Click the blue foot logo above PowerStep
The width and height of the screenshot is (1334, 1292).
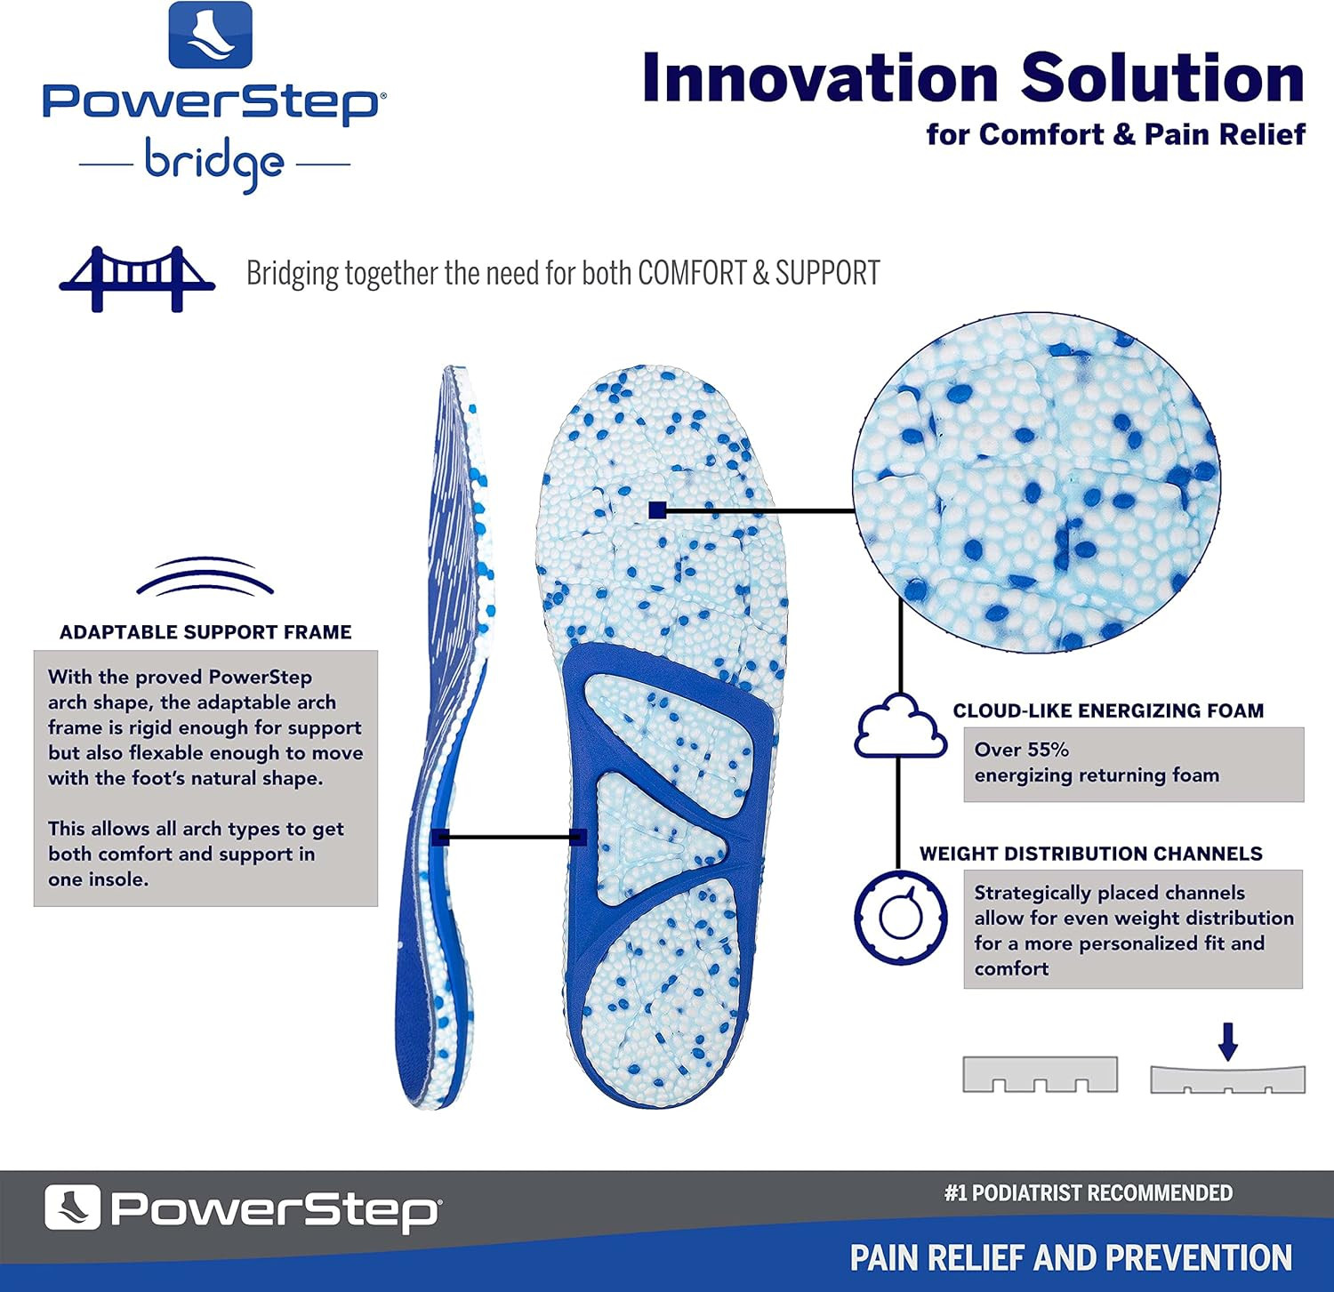(x=211, y=35)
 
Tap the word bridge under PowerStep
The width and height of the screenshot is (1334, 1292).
(x=214, y=163)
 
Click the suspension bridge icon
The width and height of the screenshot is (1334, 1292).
(x=137, y=277)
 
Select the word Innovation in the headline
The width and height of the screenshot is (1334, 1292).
(x=820, y=78)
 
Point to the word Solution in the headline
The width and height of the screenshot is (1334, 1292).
(x=1162, y=78)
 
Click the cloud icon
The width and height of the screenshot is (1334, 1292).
(x=900, y=726)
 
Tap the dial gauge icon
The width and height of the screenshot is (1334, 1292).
(x=900, y=917)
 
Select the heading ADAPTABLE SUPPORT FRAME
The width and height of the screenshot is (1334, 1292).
(x=205, y=632)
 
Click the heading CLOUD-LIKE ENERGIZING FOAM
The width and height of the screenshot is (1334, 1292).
(x=1108, y=710)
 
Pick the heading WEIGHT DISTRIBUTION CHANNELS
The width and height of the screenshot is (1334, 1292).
(x=1090, y=854)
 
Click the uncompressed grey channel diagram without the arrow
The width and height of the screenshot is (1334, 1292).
(x=1040, y=1074)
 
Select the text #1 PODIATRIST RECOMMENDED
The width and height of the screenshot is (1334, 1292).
(x=1088, y=1193)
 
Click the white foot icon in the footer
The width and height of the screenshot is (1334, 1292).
(x=72, y=1208)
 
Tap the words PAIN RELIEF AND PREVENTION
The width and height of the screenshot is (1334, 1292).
(x=1071, y=1258)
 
